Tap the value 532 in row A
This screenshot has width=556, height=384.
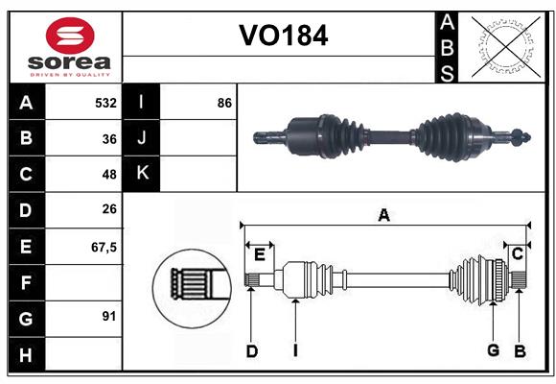coord(105,103)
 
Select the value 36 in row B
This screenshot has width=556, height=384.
coord(108,139)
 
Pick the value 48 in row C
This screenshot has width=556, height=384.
coord(108,175)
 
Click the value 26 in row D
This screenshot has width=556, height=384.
coord(108,210)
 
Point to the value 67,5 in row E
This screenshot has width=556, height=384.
coord(103,247)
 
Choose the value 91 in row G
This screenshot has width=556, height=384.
coord(108,316)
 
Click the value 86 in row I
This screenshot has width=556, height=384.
coord(224,103)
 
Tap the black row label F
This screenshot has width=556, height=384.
coord(26,282)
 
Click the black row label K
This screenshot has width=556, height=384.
coord(142,174)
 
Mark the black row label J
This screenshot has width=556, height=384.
coord(142,138)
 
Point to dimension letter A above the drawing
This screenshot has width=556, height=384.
coord(383,215)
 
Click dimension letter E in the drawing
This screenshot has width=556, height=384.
coord(260,253)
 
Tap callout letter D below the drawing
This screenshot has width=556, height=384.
coord(251,351)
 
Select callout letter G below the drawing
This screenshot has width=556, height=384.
coord(494,350)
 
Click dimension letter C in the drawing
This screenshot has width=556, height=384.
coord(517,253)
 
